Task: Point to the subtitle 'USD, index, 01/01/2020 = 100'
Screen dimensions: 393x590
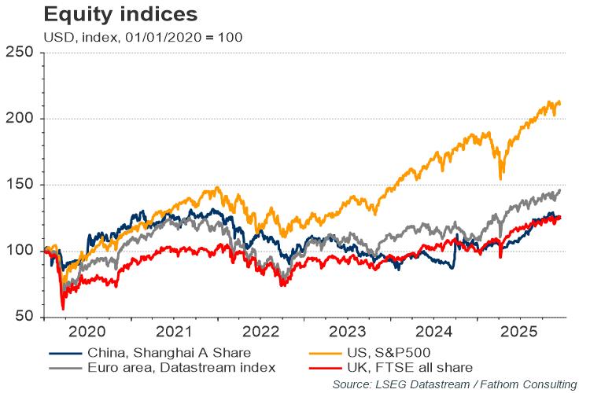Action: click(x=131, y=36)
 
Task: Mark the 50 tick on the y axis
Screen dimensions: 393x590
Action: click(x=24, y=317)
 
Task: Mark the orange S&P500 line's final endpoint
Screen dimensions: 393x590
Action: click(x=560, y=102)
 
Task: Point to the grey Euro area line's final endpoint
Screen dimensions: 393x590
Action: click(x=560, y=189)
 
